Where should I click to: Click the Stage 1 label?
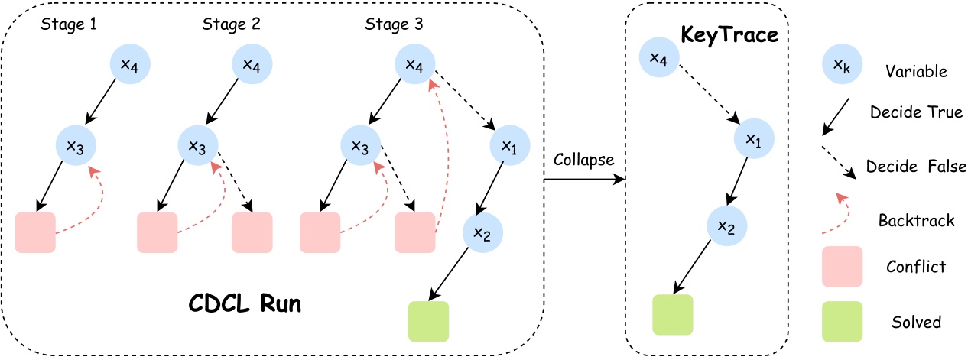tap(68, 24)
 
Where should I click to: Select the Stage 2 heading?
tap(231, 24)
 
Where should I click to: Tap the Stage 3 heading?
tap(395, 24)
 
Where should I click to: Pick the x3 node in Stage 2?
tap(197, 144)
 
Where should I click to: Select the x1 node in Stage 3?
tap(505, 144)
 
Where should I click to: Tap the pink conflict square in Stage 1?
tap(35, 232)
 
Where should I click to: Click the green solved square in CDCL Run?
tap(428, 321)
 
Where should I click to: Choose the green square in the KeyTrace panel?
tap(672, 314)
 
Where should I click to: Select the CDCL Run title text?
tap(245, 303)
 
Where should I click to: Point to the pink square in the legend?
tap(842, 266)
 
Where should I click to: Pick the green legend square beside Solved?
tap(842, 321)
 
